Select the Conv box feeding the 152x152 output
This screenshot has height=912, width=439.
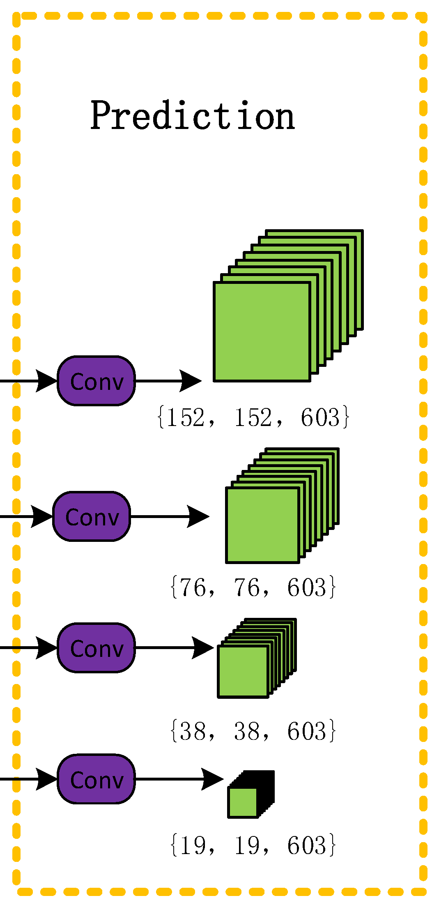tap(97, 381)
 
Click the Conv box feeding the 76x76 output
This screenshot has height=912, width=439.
tap(92, 516)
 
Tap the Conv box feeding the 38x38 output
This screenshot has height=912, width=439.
tap(97, 648)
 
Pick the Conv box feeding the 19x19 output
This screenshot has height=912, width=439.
tap(97, 779)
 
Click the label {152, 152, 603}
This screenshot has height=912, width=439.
tap(253, 417)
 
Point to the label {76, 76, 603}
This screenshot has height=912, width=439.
tap(253, 587)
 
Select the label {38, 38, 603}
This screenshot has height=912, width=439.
tap(253, 731)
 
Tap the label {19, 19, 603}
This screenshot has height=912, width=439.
tap(253, 845)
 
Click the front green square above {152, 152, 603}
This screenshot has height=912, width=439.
tap(262, 332)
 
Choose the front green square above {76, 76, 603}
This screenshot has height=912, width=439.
tap(262, 525)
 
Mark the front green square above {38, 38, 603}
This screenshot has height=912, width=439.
tap(243, 671)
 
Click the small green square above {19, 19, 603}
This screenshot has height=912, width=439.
tap(242, 803)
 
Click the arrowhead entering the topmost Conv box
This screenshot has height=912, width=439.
tap(45, 381)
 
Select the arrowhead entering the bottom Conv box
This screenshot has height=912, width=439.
tap(45, 779)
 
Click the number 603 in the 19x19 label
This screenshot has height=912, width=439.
tap(306, 845)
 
